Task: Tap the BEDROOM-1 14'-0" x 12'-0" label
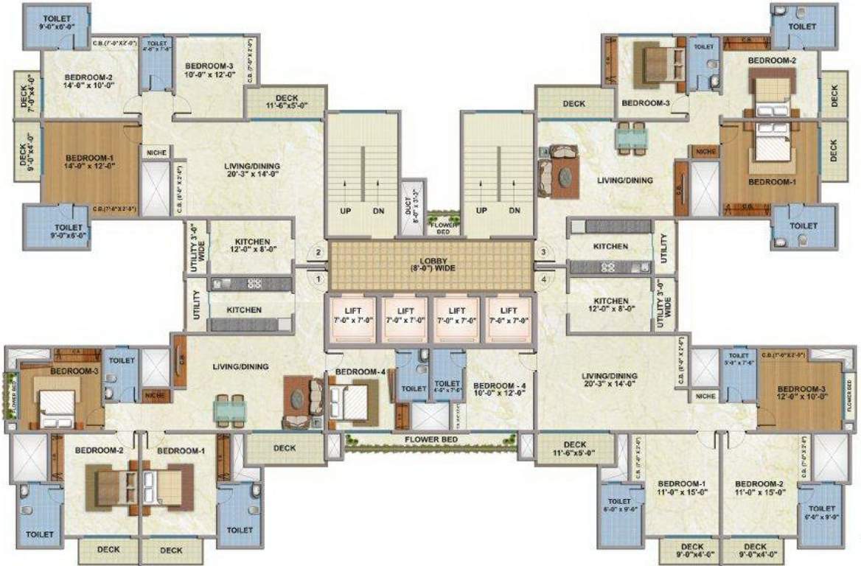[89, 162]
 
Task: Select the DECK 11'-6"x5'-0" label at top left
[286, 102]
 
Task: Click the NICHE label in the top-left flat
[156, 153]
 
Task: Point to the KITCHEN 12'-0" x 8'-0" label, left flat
[252, 245]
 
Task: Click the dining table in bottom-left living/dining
[229, 409]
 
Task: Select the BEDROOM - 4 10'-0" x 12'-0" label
[499, 390]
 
